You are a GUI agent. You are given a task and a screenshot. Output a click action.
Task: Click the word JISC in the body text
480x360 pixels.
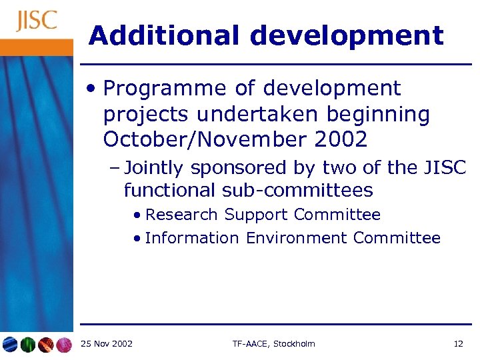(445, 168)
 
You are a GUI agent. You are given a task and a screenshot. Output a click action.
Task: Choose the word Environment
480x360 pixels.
(297, 238)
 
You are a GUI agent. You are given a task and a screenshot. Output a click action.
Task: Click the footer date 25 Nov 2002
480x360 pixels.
(106, 344)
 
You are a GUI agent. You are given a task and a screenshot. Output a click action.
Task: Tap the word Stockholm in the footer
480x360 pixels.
(293, 344)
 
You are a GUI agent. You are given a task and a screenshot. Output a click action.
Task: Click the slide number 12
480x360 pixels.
(458, 344)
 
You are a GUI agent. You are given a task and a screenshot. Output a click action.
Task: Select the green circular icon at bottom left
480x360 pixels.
(27, 345)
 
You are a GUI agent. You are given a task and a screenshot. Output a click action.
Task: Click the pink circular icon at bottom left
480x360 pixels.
(63, 345)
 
